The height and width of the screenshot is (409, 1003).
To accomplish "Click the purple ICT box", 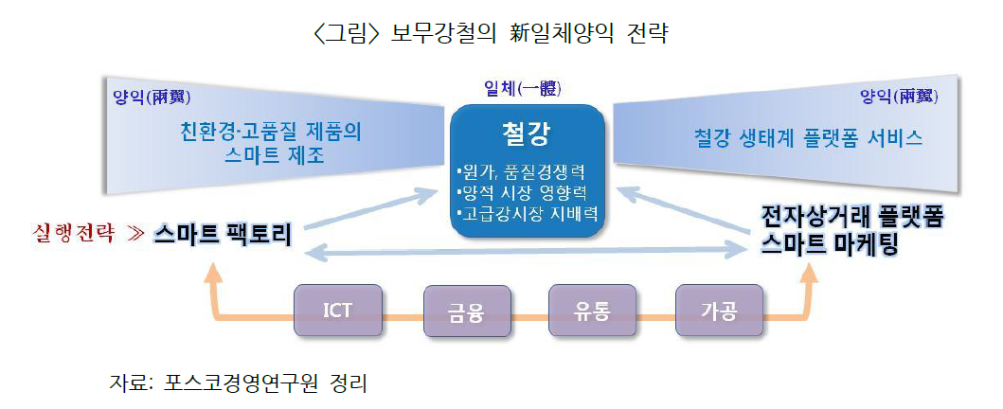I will (x=338, y=311).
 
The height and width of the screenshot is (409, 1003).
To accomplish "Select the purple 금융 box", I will (x=466, y=311).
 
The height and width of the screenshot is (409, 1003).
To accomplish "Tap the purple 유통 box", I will (x=593, y=311).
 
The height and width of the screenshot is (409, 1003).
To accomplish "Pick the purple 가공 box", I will (x=719, y=311).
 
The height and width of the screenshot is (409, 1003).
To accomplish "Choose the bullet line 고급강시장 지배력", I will (x=525, y=212).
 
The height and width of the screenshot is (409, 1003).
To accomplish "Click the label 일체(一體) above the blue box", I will (x=522, y=89).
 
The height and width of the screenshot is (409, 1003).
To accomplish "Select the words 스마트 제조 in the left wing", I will (x=272, y=153).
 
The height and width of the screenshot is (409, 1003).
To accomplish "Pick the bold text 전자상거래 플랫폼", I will (x=852, y=217).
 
